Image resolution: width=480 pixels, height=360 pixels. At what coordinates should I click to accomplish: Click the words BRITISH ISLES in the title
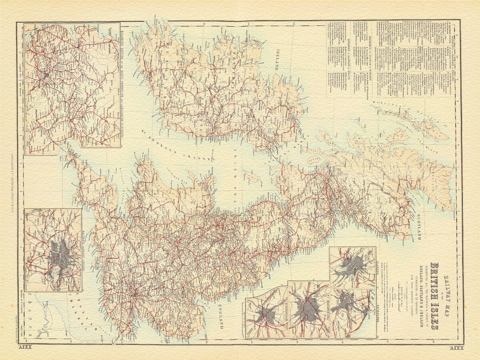coord(434,296)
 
